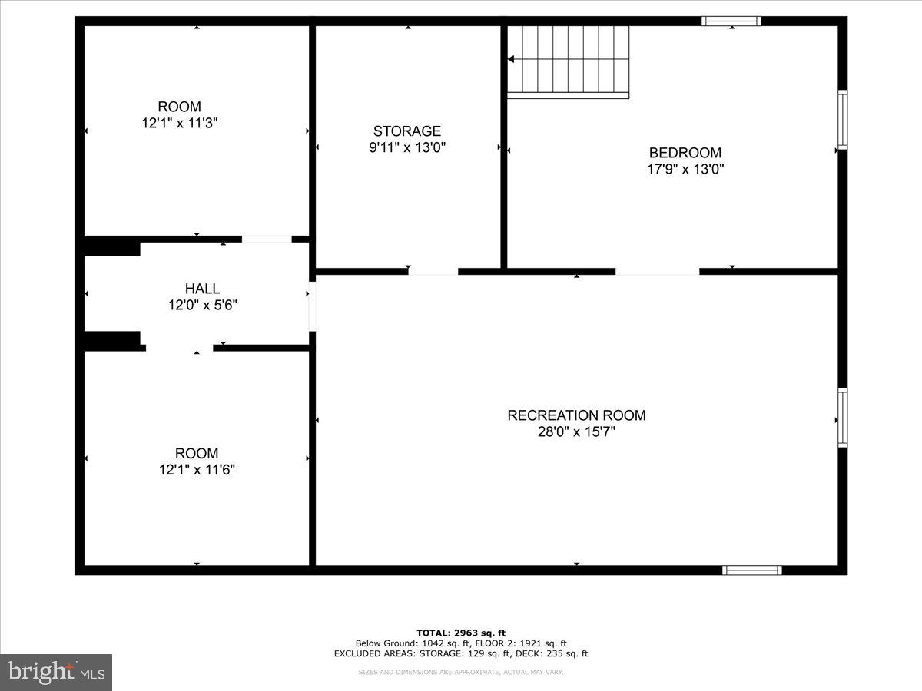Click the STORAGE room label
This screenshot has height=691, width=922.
(x=407, y=131)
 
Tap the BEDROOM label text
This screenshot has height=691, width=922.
(x=685, y=153)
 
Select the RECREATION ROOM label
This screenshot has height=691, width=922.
(x=576, y=415)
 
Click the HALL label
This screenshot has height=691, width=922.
(x=202, y=289)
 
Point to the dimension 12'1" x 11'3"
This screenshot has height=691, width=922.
(x=180, y=123)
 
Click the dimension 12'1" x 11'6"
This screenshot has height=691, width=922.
(x=197, y=470)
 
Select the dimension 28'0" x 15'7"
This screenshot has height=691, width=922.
(x=576, y=432)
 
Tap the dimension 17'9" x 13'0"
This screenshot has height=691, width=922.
(x=685, y=169)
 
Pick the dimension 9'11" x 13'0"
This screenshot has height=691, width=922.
(x=407, y=147)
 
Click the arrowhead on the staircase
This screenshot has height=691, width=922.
(x=511, y=59)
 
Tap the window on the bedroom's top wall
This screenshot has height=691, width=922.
(x=731, y=21)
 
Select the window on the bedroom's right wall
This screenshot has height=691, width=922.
(x=842, y=120)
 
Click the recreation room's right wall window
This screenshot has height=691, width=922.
(x=842, y=418)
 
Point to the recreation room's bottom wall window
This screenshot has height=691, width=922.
(x=752, y=570)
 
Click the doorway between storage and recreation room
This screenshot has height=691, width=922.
(x=433, y=271)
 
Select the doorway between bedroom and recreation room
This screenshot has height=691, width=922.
(x=657, y=271)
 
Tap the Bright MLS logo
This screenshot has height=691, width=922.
(x=56, y=672)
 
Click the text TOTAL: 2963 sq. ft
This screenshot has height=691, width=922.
(x=461, y=633)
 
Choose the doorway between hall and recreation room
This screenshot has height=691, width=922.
(x=312, y=307)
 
